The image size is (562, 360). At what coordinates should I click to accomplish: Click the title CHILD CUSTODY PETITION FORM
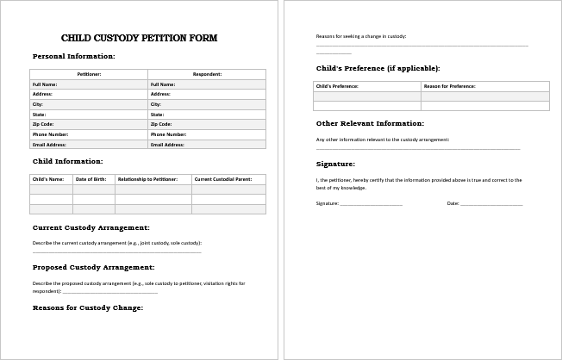click(x=139, y=38)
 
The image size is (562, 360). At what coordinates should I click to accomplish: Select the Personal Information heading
click(x=73, y=56)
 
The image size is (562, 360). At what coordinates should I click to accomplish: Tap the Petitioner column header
click(x=89, y=74)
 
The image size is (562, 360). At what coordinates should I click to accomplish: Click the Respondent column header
click(x=207, y=74)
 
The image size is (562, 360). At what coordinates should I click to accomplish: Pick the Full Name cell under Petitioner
click(x=89, y=84)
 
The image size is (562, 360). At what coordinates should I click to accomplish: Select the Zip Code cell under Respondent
click(x=207, y=124)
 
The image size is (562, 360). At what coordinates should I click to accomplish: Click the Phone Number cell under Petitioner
click(x=89, y=134)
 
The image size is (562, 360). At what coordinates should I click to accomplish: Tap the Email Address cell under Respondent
click(x=207, y=145)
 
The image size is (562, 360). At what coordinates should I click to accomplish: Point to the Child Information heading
click(x=67, y=161)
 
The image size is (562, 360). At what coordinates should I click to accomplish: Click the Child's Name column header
click(x=51, y=179)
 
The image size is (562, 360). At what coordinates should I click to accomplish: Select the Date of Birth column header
click(x=93, y=179)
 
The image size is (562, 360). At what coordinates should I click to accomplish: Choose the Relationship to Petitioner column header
click(x=153, y=179)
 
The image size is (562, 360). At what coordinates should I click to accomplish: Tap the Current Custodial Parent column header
click(x=228, y=179)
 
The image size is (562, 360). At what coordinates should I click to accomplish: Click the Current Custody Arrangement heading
click(x=91, y=227)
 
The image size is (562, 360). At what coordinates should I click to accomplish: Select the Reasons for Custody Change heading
click(x=88, y=307)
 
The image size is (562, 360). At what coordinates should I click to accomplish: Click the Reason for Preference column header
click(x=484, y=86)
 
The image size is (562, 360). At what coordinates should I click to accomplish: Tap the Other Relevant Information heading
click(x=370, y=123)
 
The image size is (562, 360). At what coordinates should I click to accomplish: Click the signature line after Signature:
click(x=371, y=204)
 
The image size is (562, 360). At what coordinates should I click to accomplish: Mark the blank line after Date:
click(x=491, y=204)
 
